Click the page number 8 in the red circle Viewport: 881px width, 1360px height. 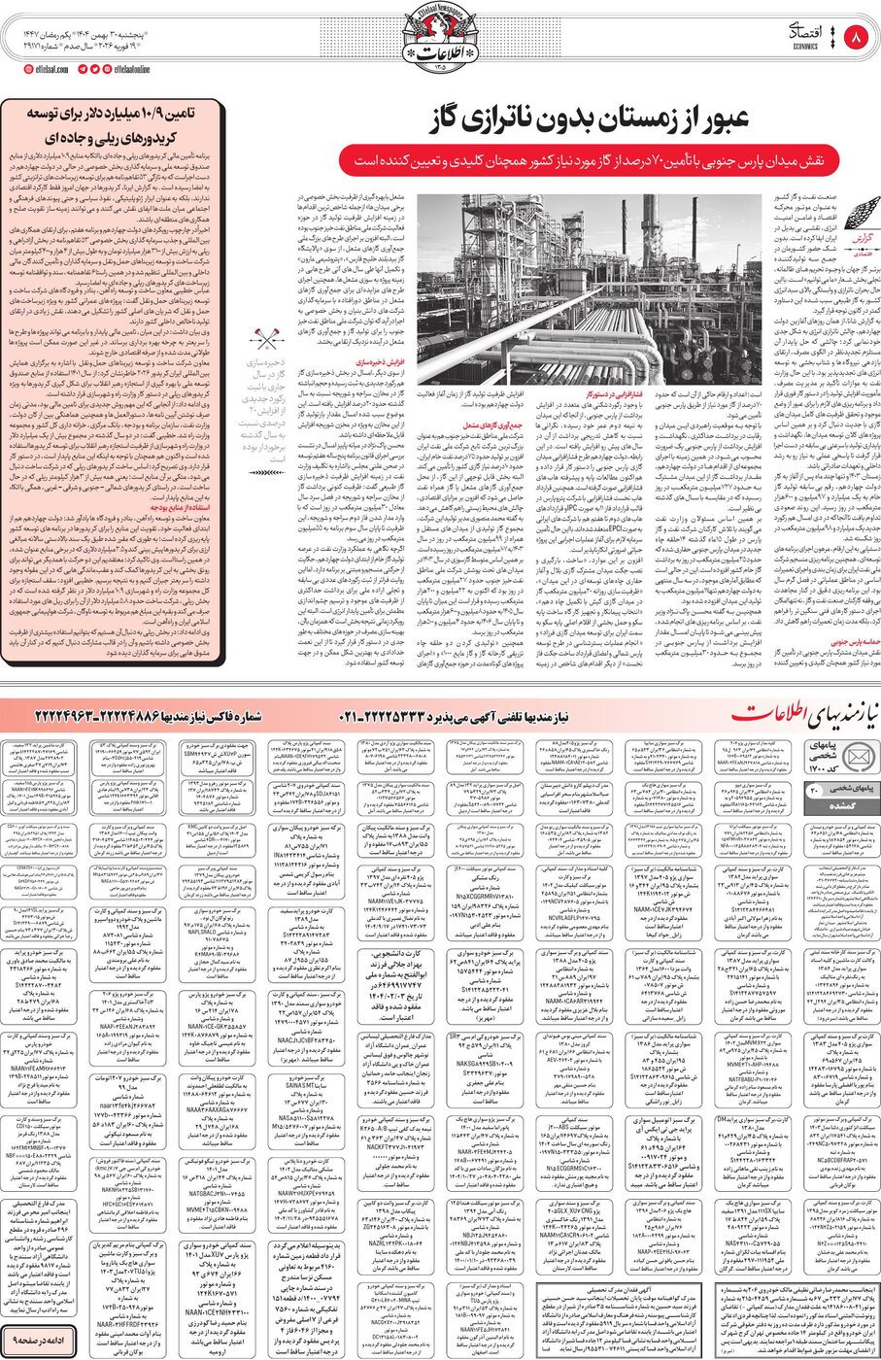coord(856,39)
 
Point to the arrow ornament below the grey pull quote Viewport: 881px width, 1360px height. coord(263,473)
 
